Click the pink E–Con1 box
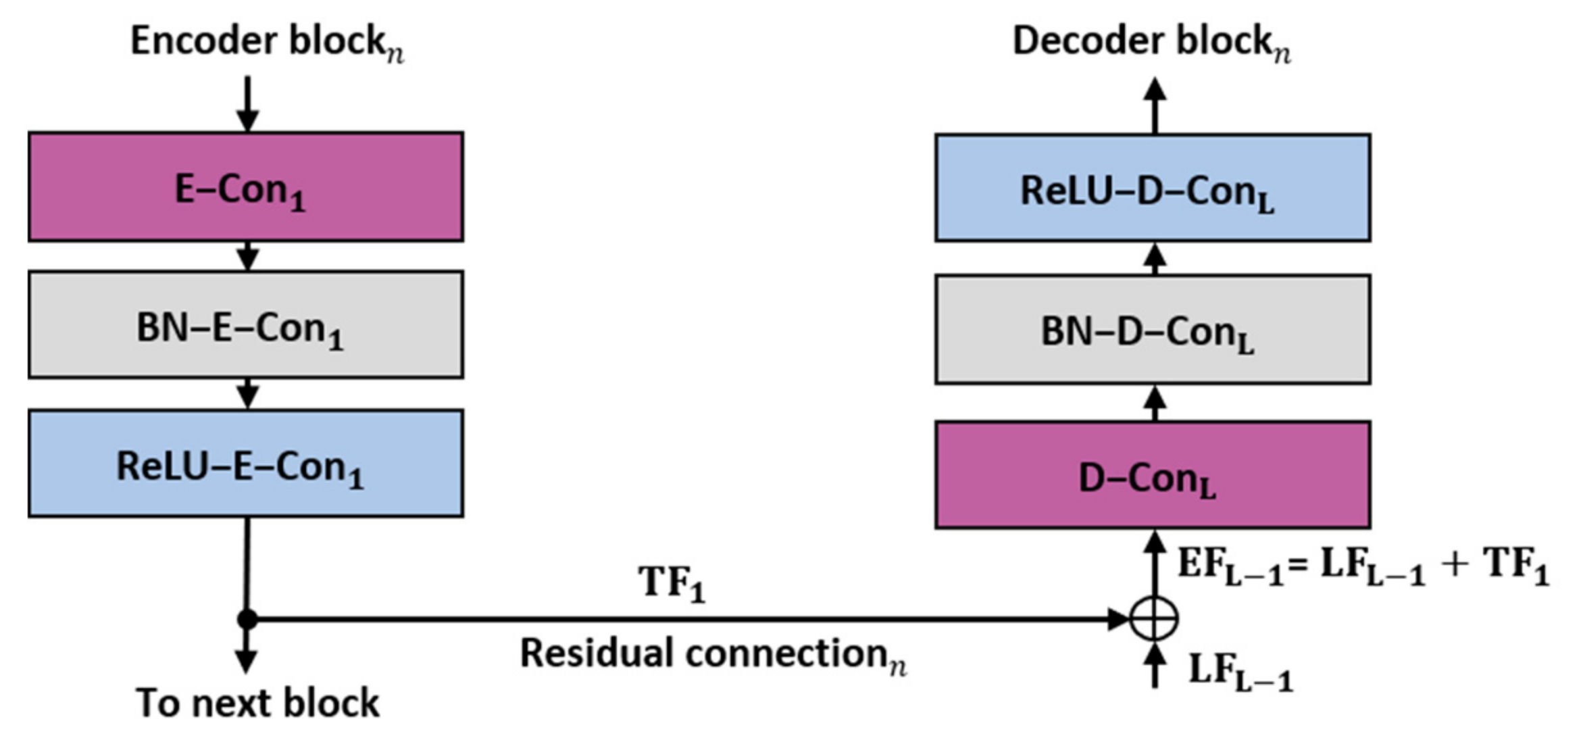click(x=245, y=187)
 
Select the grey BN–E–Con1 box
click(x=245, y=325)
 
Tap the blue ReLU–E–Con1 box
click(x=245, y=464)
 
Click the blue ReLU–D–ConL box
click(x=1153, y=188)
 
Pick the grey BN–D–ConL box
click(x=1153, y=329)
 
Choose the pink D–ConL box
click(x=1153, y=475)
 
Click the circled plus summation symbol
click(x=1154, y=618)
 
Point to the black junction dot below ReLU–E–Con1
click(x=247, y=618)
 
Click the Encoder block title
click(x=266, y=42)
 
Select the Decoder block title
click(x=1151, y=42)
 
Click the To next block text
click(x=257, y=703)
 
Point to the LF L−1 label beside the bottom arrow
click(x=1240, y=672)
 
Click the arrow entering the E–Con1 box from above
click(x=247, y=105)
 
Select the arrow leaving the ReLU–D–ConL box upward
click(x=1155, y=105)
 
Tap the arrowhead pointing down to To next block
click(x=246, y=661)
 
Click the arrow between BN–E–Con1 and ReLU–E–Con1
click(x=247, y=394)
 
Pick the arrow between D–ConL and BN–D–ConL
click(x=1155, y=403)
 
